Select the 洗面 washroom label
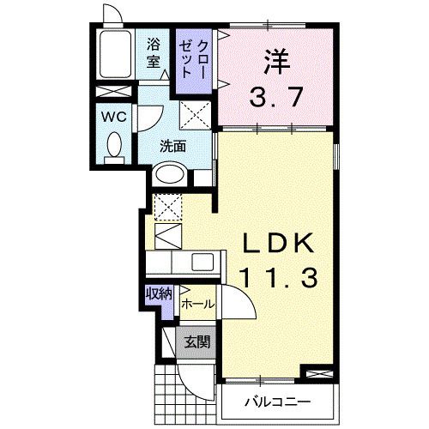[x=172, y=145]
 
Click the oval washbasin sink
[x=169, y=174]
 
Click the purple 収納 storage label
[x=159, y=293]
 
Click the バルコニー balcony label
[x=275, y=401]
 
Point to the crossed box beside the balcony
[x=316, y=375]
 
